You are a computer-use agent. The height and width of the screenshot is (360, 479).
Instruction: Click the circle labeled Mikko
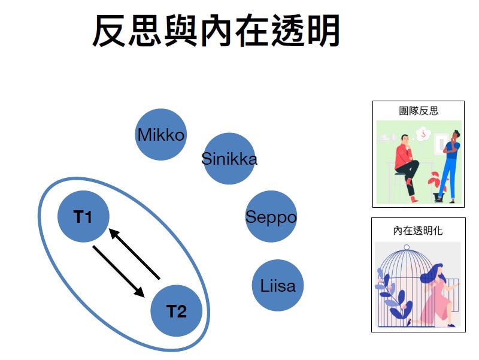pyautogui.click(x=160, y=134)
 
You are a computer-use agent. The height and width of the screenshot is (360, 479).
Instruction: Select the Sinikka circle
pyautogui.click(x=229, y=159)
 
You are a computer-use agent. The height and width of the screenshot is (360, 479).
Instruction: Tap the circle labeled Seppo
pyautogui.click(x=271, y=217)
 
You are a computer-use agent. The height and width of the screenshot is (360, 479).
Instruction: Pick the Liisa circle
pyautogui.click(x=278, y=285)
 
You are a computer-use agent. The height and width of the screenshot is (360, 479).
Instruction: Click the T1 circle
pyautogui.click(x=83, y=216)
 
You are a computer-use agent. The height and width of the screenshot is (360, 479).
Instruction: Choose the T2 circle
pyautogui.click(x=176, y=311)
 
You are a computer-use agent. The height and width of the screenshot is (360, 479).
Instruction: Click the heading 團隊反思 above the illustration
pyautogui.click(x=419, y=111)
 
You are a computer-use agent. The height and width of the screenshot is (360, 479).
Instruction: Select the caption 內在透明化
pyautogui.click(x=419, y=229)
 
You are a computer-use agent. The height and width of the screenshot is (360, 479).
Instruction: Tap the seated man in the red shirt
pyautogui.click(x=406, y=162)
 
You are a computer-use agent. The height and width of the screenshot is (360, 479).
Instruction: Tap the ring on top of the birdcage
pyautogui.click(x=407, y=247)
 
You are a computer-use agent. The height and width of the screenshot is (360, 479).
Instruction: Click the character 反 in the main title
pyautogui.click(x=112, y=31)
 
